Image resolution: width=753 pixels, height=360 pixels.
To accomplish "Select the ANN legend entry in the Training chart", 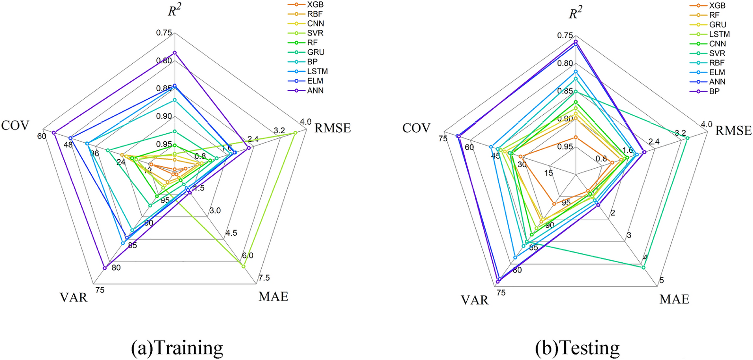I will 315,90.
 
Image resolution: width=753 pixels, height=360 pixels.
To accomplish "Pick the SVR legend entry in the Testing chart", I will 717,53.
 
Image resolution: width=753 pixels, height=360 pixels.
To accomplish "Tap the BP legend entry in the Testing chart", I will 714,91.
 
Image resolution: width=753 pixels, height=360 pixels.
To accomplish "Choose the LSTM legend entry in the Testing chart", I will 719,34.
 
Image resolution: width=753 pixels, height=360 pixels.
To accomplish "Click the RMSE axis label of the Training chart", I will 333,128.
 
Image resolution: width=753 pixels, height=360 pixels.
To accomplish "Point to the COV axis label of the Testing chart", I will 416,128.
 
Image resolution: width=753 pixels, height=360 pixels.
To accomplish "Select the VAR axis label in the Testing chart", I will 475,300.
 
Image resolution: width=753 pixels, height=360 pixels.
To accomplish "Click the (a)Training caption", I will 177,348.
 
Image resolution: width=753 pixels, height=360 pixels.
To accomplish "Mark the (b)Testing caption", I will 577,348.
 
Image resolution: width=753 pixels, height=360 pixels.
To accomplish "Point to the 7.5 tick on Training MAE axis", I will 264,278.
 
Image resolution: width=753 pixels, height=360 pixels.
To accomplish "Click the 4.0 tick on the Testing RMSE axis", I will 706,124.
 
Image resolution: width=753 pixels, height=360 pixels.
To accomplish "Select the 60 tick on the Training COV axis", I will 42,137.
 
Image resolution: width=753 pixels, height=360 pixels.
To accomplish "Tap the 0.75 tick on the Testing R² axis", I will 565,35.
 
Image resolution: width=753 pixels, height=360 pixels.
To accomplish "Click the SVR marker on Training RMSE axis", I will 295,133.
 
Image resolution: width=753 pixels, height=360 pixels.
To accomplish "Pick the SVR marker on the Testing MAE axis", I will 643,267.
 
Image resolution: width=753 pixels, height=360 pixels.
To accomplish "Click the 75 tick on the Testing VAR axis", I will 501,293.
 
